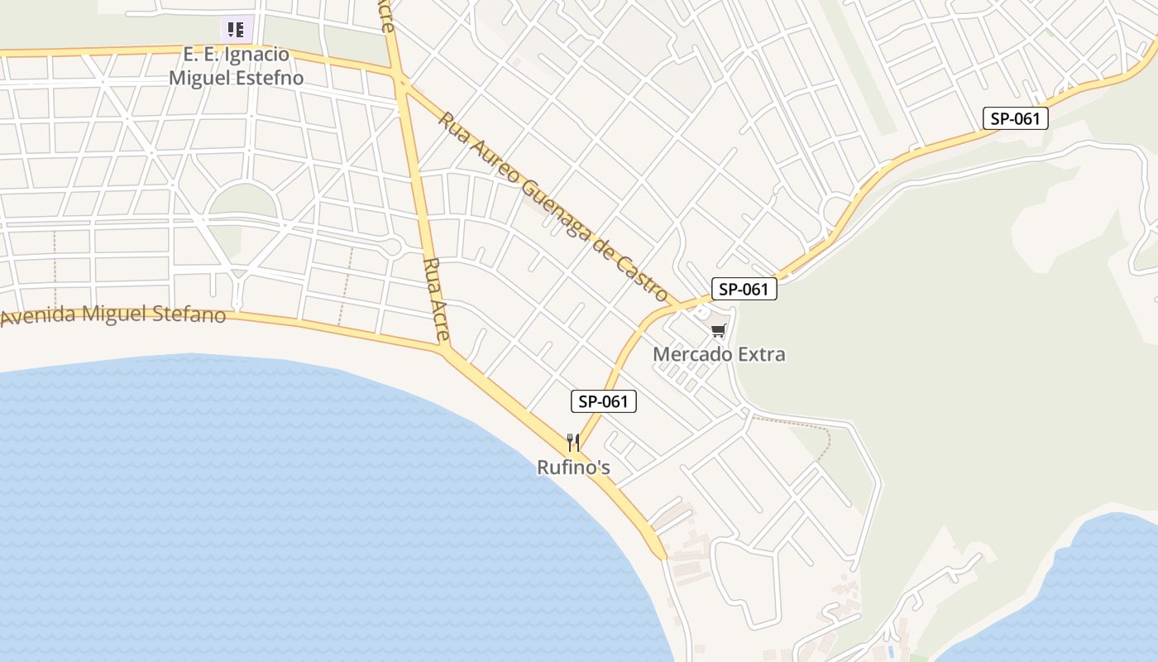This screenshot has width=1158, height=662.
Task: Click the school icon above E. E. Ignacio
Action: coord(236,30)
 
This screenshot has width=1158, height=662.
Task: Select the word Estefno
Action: coord(269,79)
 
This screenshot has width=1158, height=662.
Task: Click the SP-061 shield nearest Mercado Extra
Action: coord(744,290)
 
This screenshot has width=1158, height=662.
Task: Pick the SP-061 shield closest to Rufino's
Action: coord(604,402)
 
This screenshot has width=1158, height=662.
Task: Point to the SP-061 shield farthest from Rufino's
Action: coord(1015,118)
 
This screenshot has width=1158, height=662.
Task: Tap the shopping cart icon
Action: coord(718,332)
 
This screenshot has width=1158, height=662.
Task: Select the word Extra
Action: coord(760,354)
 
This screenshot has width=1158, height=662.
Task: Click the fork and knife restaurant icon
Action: coord(573,443)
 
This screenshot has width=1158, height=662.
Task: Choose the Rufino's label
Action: coord(573,468)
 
